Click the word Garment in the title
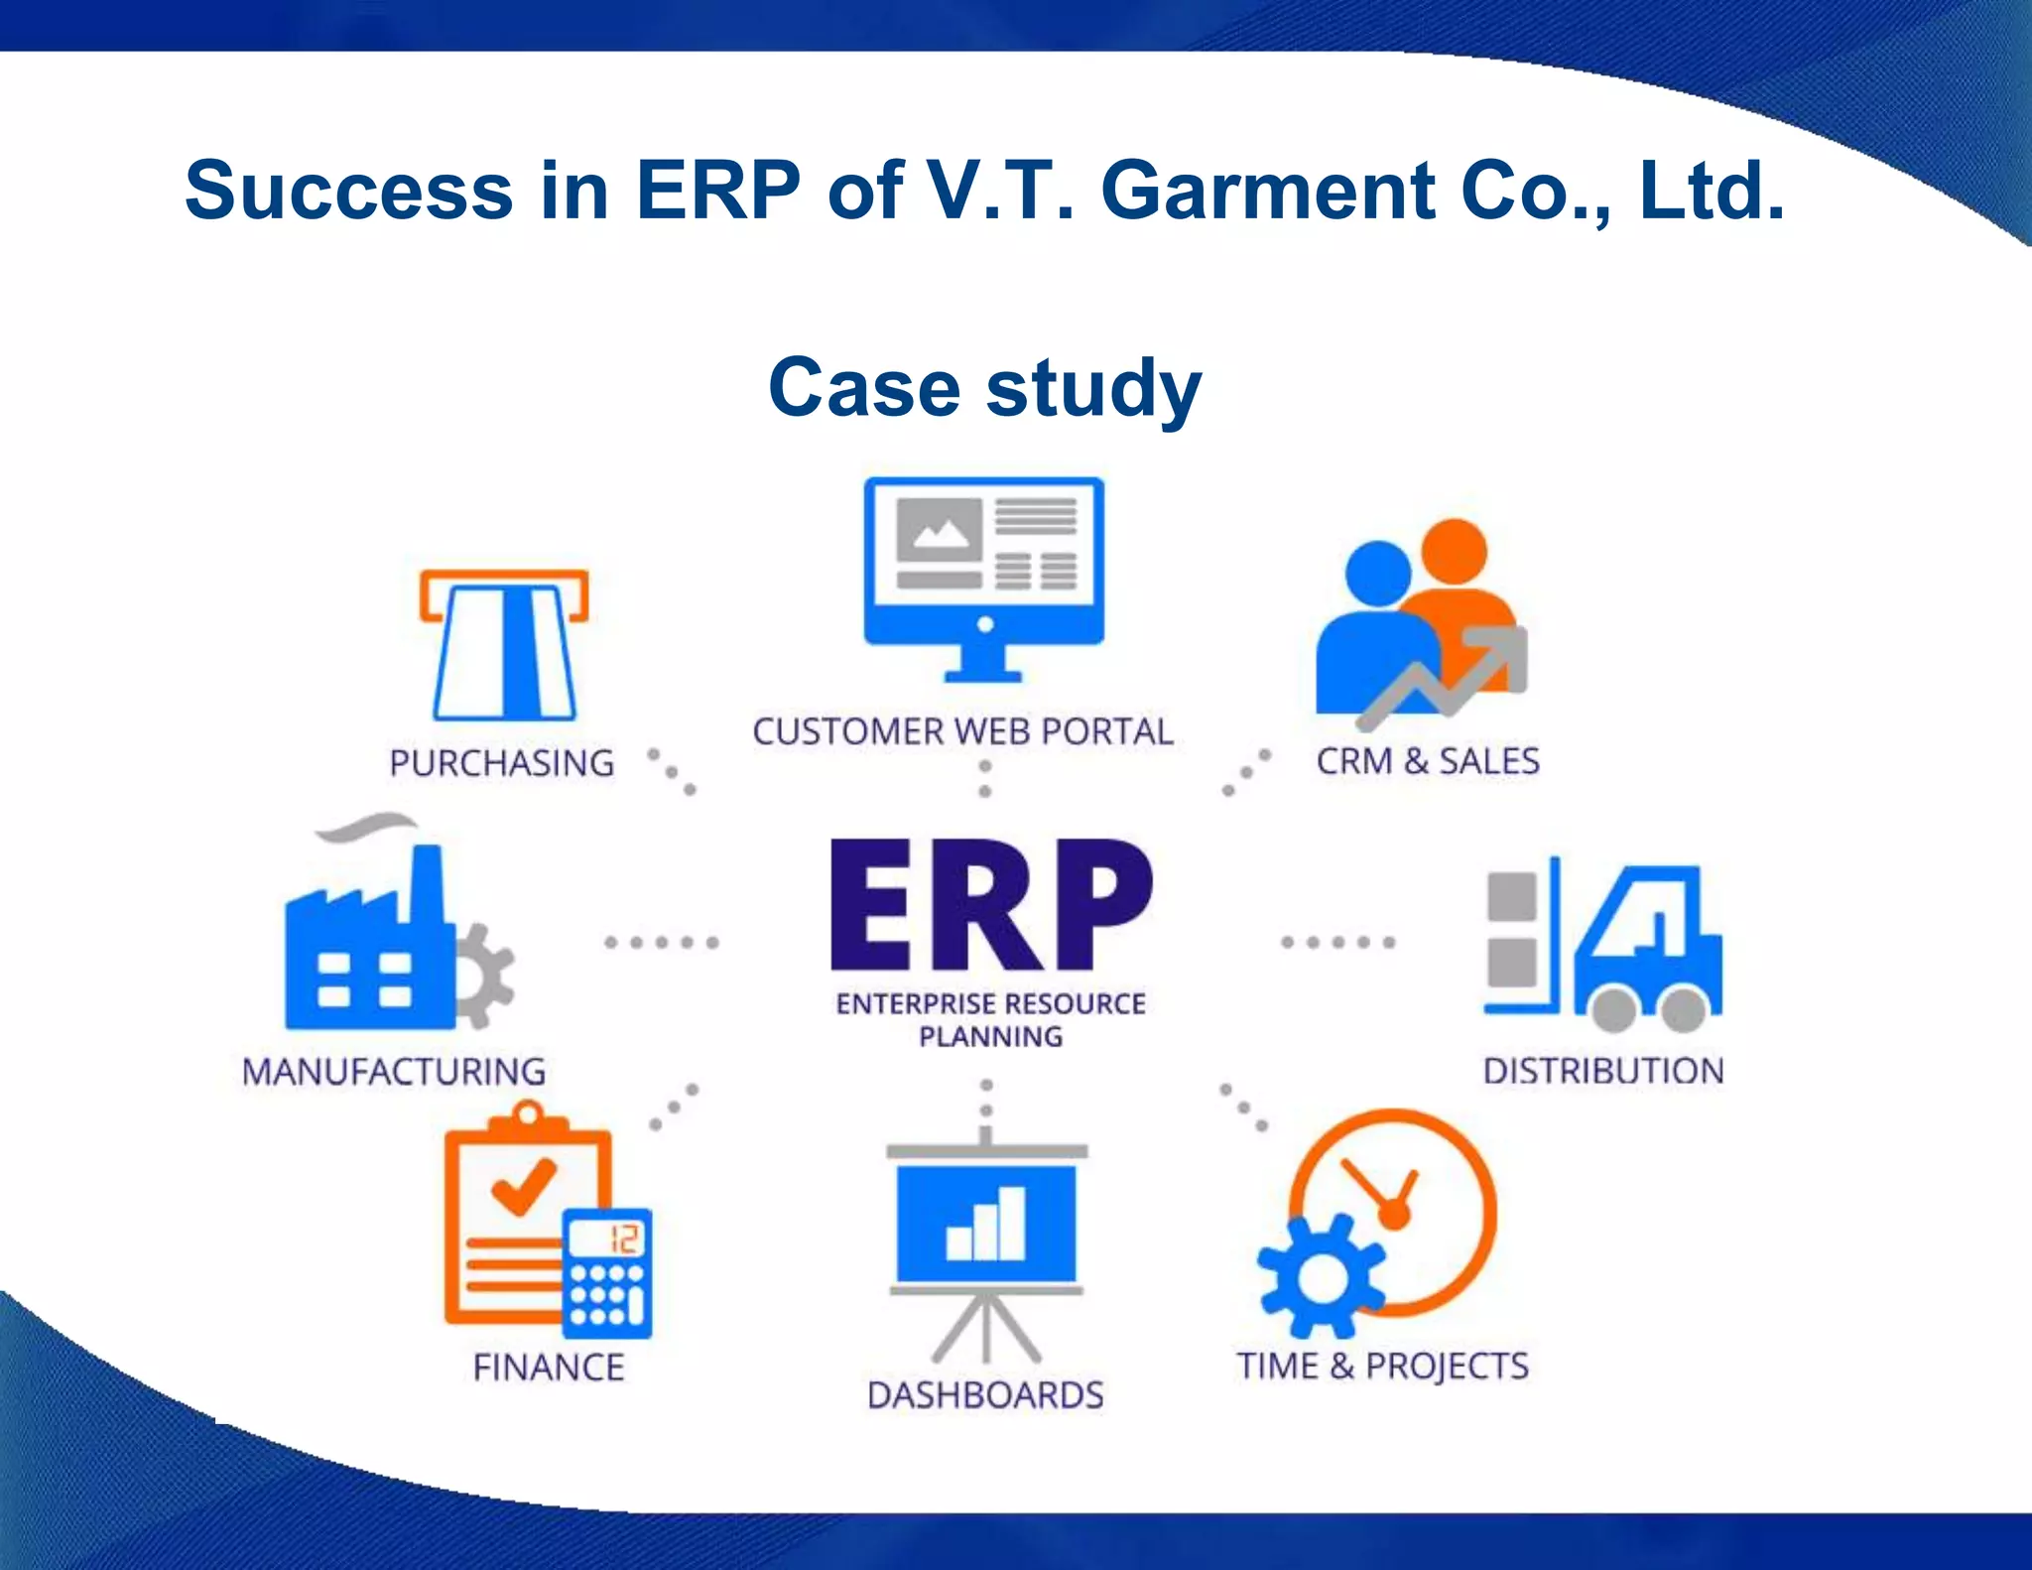[x=1268, y=191]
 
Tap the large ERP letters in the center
[x=990, y=905]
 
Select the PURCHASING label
[x=502, y=763]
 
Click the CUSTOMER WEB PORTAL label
[x=962, y=731]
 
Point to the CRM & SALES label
[x=1428, y=761]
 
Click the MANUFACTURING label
[x=394, y=1072]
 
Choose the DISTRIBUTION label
[x=1603, y=1071]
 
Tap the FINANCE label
[x=549, y=1368]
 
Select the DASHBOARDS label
[x=985, y=1395]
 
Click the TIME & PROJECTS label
[x=1382, y=1366]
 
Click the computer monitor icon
[x=983, y=576]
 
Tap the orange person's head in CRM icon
[x=1454, y=551]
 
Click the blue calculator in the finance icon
[x=606, y=1273]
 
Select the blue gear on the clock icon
[x=1321, y=1276]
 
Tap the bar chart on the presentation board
[x=985, y=1226]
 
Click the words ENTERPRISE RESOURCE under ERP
[x=990, y=1004]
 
